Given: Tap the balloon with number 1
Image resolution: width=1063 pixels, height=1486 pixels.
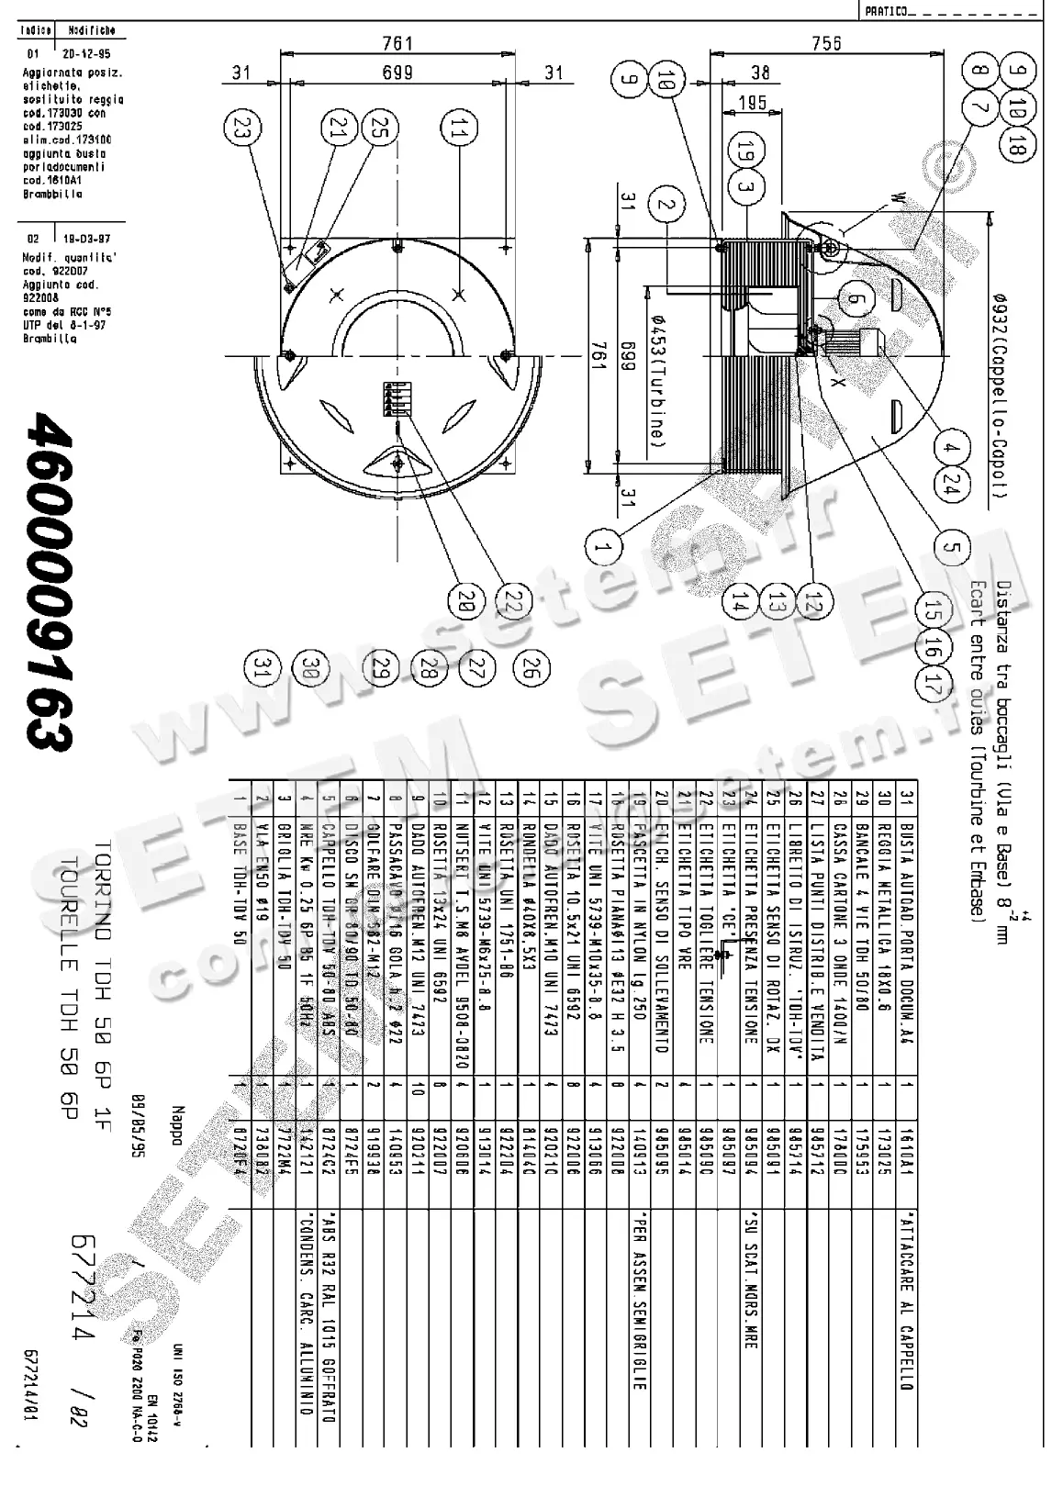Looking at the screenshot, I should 603,549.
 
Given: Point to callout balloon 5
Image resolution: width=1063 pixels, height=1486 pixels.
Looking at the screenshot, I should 952,548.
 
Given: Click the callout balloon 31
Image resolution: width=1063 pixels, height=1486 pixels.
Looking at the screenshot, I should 263,667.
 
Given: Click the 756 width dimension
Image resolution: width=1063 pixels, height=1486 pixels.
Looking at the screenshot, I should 826,43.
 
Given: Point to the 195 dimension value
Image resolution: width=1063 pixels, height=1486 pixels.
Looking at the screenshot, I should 752,103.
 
